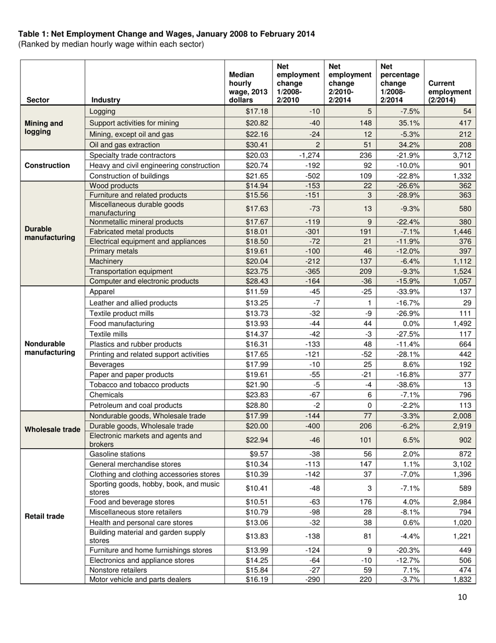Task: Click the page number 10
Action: click(x=462, y=597)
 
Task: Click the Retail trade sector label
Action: click(x=44, y=516)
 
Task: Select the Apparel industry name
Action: click(x=102, y=292)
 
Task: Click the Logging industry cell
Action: click(x=102, y=111)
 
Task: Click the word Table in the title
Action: click(x=28, y=35)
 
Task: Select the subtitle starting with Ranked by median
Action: click(x=111, y=44)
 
